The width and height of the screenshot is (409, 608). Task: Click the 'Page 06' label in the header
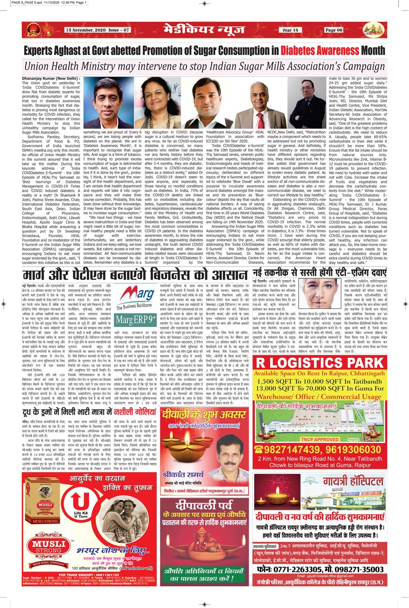tap(334, 30)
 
